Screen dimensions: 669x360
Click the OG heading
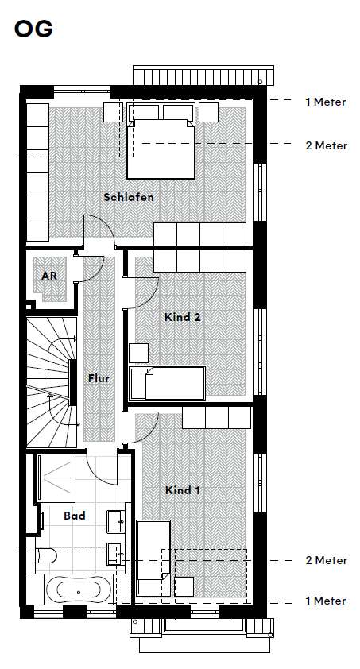point(33,29)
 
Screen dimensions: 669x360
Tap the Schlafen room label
point(128,197)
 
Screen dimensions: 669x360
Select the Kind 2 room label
point(182,317)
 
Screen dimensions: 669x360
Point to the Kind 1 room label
point(182,490)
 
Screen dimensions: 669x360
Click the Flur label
point(99,379)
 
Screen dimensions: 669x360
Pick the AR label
point(49,276)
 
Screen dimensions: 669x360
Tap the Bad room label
point(74,516)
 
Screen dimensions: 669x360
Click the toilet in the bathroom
point(45,559)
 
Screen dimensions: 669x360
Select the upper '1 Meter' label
point(325,102)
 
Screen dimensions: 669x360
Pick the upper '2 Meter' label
point(325,145)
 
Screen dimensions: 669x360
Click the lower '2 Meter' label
point(325,560)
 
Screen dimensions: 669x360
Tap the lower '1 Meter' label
point(325,601)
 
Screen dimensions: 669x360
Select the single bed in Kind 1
point(150,556)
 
